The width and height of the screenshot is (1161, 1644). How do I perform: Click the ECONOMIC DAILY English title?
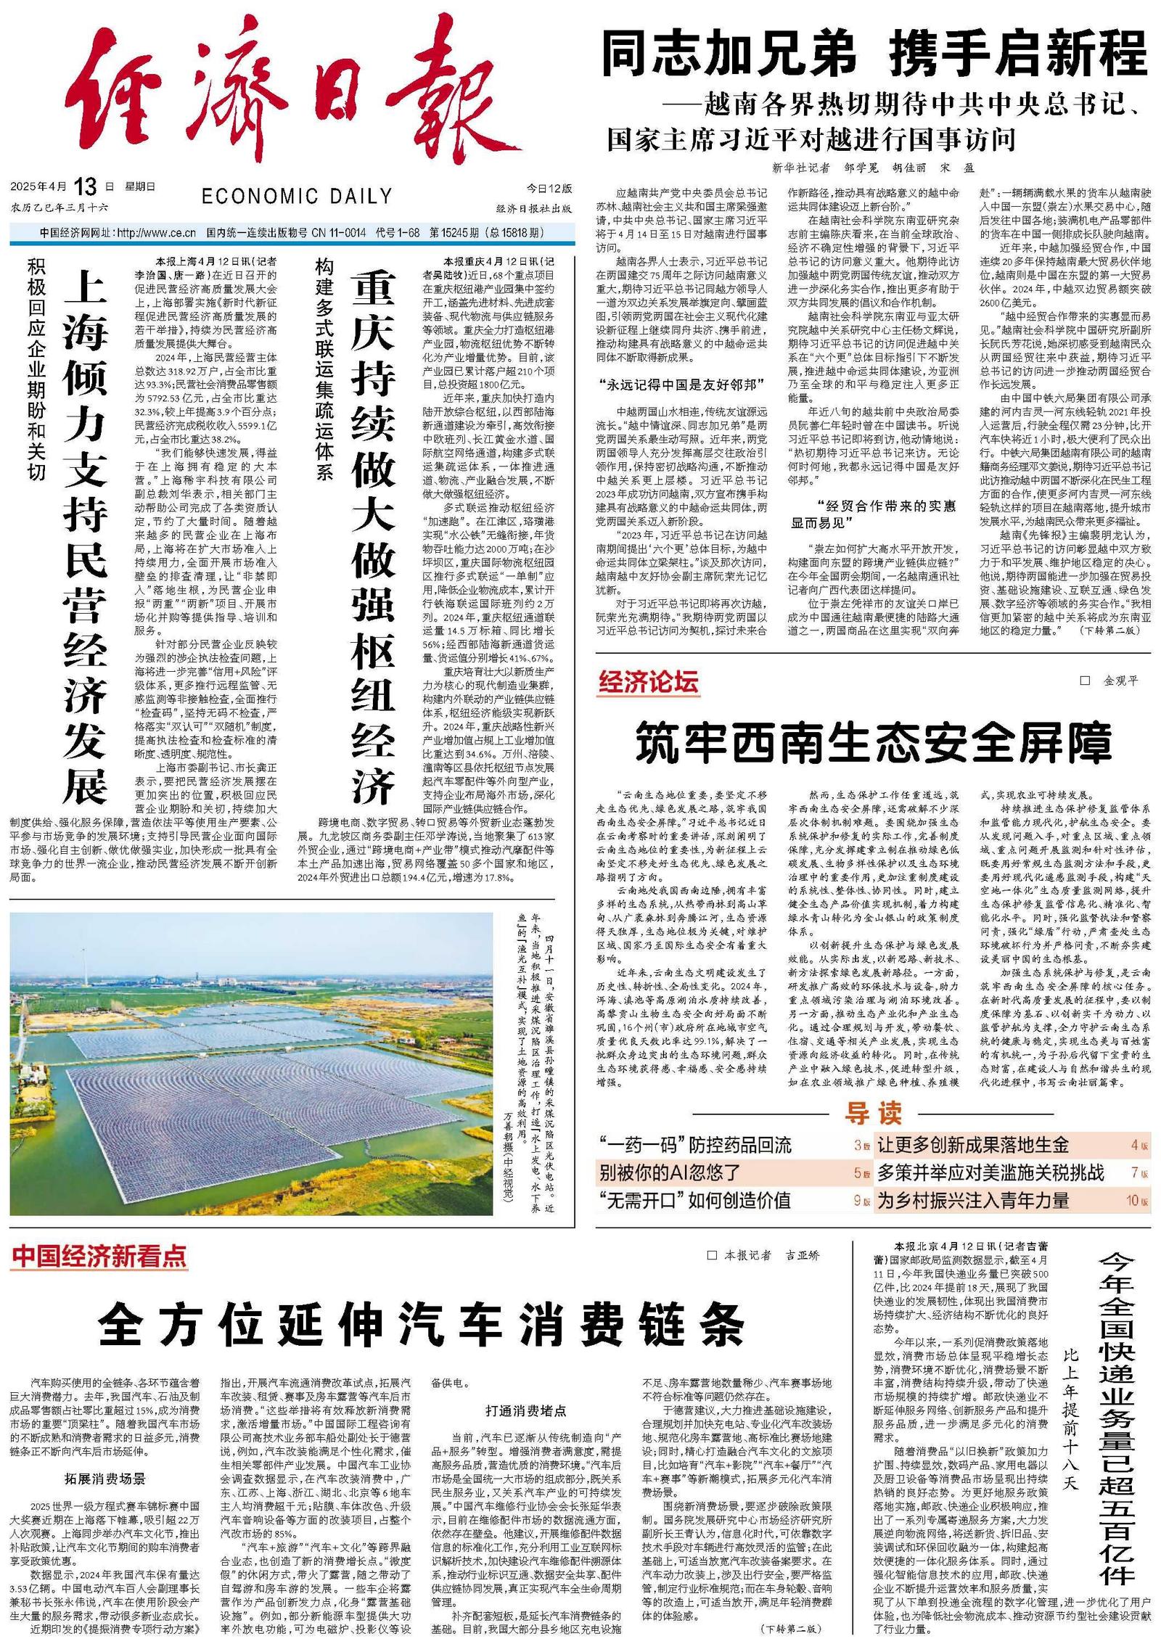[x=297, y=197]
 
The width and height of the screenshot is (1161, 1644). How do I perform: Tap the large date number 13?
[x=85, y=187]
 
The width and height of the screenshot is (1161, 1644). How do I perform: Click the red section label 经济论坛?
[x=648, y=682]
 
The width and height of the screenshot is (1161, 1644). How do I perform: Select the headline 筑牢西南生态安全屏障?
[x=874, y=742]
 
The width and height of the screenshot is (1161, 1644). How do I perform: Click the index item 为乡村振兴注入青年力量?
[x=973, y=1200]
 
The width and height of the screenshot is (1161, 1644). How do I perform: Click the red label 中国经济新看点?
[x=99, y=1256]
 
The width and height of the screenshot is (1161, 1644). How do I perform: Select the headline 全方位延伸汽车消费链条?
[x=421, y=1325]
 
